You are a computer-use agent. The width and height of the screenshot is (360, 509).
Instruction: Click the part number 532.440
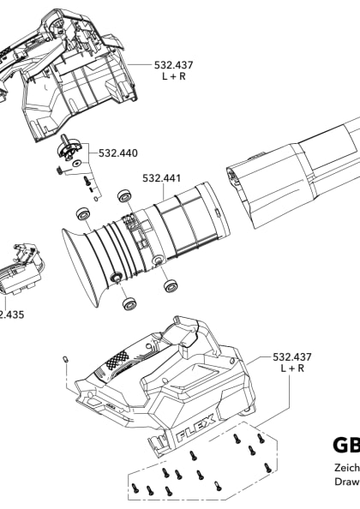click(118, 154)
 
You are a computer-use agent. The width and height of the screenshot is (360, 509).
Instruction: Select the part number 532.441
click(160, 179)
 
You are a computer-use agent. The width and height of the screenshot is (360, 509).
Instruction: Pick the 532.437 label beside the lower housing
click(292, 356)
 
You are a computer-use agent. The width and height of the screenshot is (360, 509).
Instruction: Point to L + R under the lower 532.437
click(292, 368)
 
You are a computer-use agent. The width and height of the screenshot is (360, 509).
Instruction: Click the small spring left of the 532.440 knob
click(57, 170)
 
